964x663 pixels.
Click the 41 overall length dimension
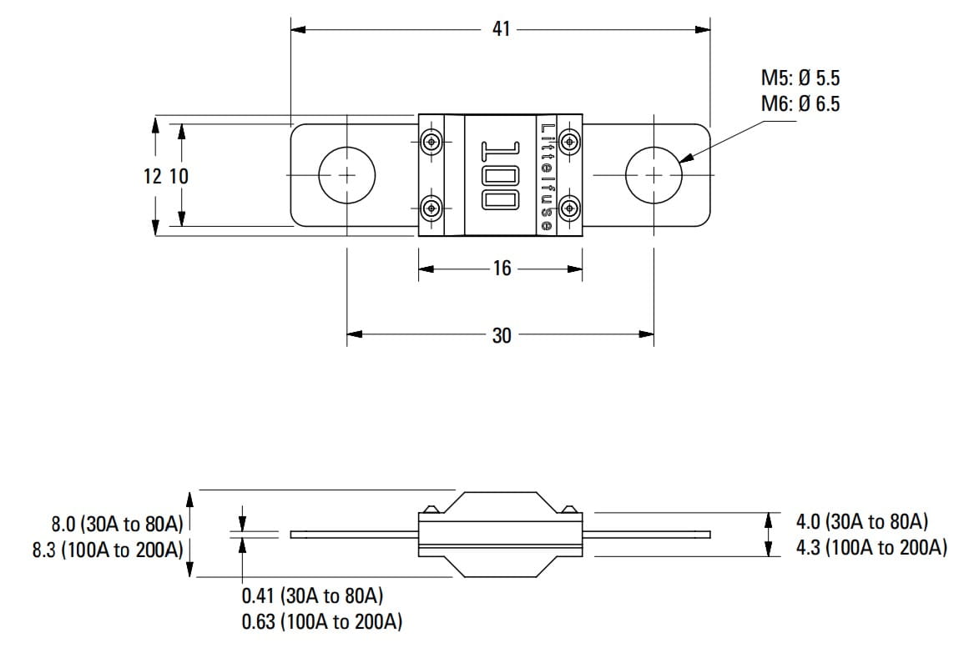(x=501, y=29)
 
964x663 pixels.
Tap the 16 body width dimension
(x=502, y=268)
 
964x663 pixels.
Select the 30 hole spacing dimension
(x=502, y=335)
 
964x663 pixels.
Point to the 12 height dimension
(x=153, y=176)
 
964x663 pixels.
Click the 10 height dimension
(x=179, y=176)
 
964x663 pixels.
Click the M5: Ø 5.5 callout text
(x=800, y=78)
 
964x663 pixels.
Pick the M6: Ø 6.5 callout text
(x=800, y=104)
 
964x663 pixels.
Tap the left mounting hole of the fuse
(x=346, y=175)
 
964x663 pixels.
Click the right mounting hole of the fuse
(x=654, y=175)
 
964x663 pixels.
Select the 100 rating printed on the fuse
(x=501, y=176)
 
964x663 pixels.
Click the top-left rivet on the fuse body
(x=432, y=142)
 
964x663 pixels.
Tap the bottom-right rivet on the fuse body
(x=570, y=209)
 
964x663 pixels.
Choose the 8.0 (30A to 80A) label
(x=118, y=524)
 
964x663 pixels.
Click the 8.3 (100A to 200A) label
(x=108, y=550)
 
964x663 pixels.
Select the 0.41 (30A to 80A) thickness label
(x=312, y=595)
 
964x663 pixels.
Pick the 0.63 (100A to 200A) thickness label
(x=321, y=622)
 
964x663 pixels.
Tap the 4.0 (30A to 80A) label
(x=862, y=522)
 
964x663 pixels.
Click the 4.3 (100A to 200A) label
(x=872, y=547)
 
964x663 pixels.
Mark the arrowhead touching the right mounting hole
(x=688, y=157)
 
